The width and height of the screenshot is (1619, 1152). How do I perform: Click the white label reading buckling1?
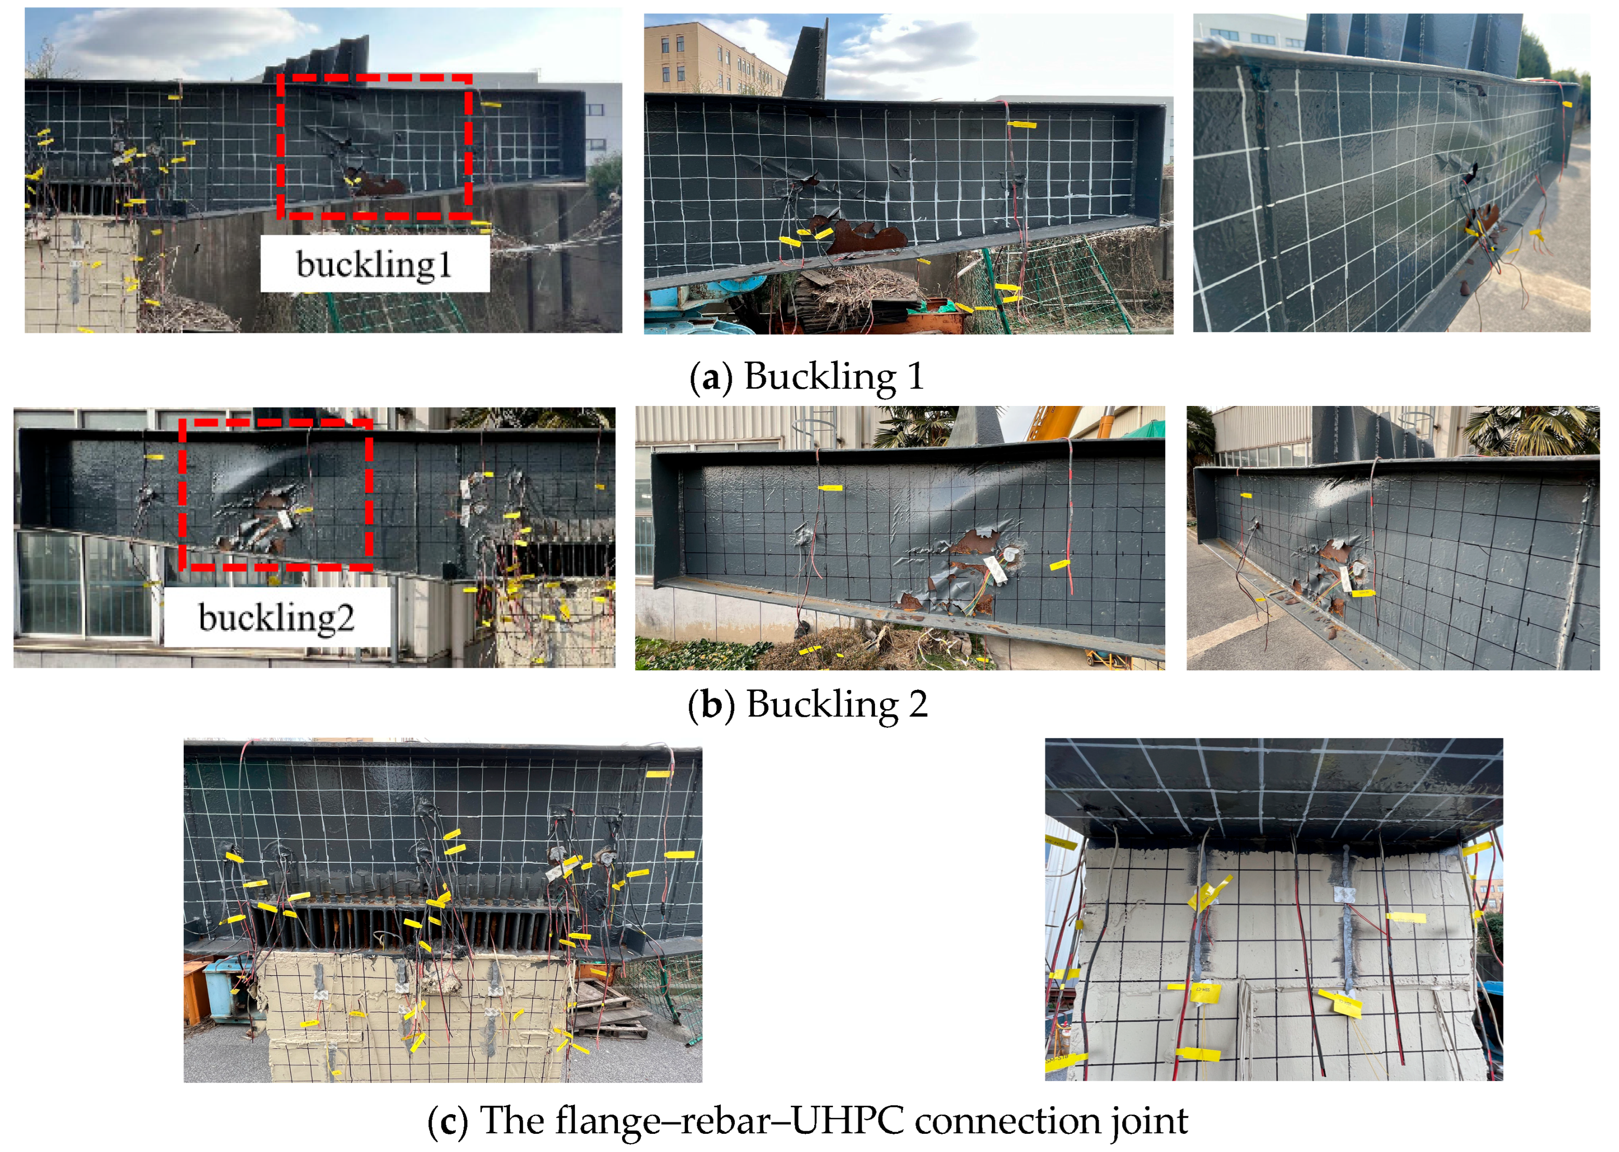coord(374,264)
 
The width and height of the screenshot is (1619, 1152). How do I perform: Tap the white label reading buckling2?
coord(276,617)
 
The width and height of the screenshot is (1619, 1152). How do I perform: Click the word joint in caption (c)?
coord(1149,1121)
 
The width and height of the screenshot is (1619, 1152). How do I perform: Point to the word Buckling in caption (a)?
coord(820,377)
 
